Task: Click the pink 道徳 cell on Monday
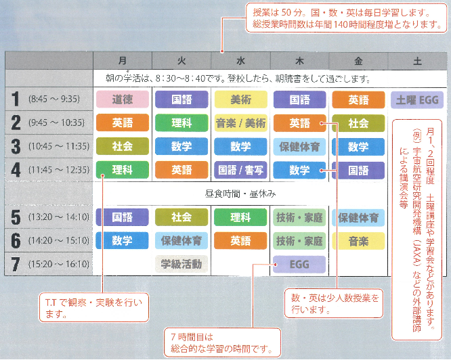(123, 99)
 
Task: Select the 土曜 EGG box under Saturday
(417, 100)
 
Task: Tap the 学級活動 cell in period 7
(181, 264)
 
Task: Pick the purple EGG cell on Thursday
(299, 265)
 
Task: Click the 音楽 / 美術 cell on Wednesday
(241, 123)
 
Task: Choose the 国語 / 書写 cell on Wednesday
(241, 170)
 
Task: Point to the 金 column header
(358, 61)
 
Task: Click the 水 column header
(241, 61)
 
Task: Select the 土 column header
(417, 61)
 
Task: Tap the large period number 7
(16, 264)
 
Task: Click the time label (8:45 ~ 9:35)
(54, 99)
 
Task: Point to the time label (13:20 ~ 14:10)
(59, 217)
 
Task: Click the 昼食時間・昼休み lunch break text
(240, 194)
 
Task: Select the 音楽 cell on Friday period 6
(358, 241)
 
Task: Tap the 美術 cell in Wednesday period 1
(241, 99)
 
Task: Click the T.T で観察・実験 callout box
(93, 307)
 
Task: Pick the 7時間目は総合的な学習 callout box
(222, 343)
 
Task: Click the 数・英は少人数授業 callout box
(334, 303)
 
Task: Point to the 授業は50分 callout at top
(346, 18)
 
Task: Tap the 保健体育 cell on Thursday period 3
(299, 147)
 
